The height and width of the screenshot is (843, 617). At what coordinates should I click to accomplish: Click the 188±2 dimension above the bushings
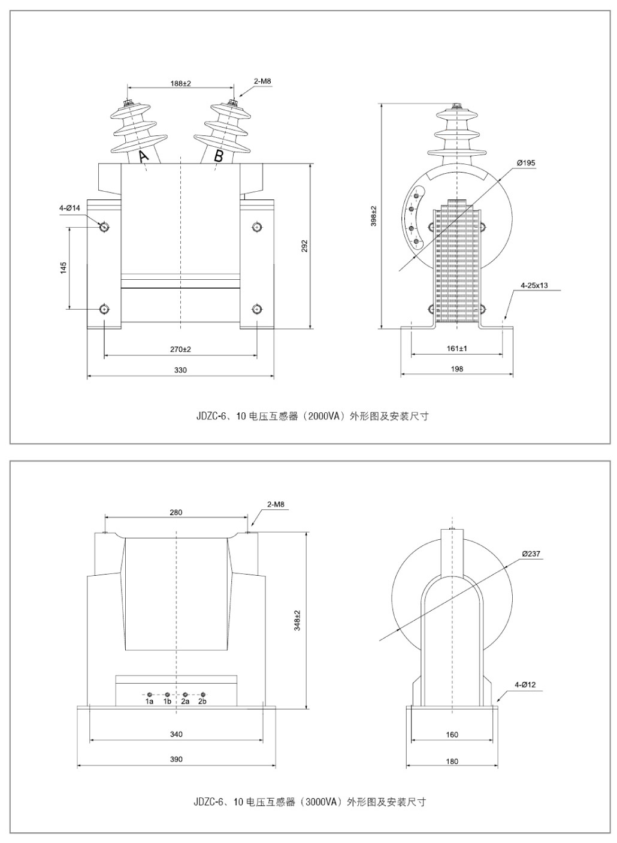(180, 83)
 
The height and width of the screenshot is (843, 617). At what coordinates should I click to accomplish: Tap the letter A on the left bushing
(144, 156)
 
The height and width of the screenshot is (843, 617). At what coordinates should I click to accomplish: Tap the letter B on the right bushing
(219, 156)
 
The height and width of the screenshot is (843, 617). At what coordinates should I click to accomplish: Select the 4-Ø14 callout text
(70, 208)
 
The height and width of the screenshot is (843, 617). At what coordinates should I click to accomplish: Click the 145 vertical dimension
(63, 267)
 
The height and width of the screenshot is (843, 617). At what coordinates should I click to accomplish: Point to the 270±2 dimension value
(180, 349)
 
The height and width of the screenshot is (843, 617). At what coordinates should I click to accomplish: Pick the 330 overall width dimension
(180, 370)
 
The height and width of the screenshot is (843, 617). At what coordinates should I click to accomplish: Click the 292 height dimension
(305, 246)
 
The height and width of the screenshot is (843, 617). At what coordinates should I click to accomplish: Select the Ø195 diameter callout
(526, 163)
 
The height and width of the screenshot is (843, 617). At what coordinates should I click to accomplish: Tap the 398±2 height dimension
(374, 216)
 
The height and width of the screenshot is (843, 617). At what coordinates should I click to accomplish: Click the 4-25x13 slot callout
(534, 286)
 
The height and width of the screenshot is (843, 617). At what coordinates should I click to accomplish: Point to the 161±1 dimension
(456, 349)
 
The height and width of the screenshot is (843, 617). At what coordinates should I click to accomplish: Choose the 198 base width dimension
(456, 369)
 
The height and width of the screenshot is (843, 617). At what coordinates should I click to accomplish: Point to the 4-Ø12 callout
(525, 685)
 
